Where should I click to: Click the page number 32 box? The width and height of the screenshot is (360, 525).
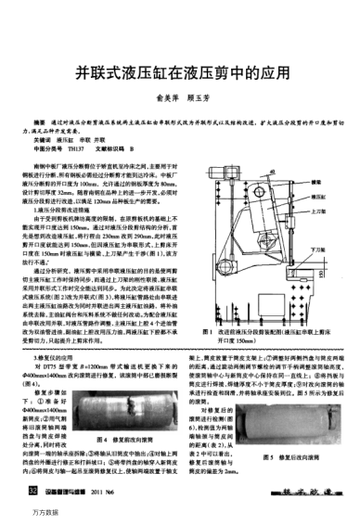[35, 489]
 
